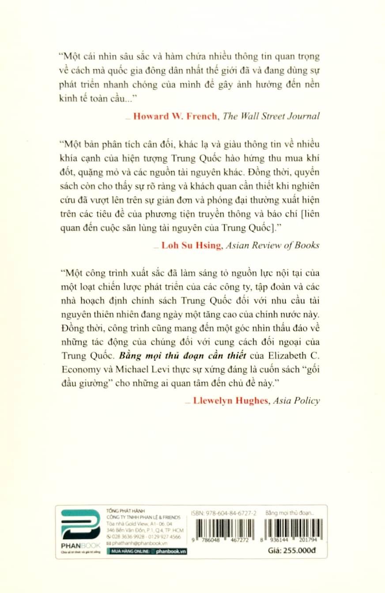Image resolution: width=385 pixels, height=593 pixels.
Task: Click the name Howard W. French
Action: [173, 116]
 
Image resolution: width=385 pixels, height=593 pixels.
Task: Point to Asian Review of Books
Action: [272, 245]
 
